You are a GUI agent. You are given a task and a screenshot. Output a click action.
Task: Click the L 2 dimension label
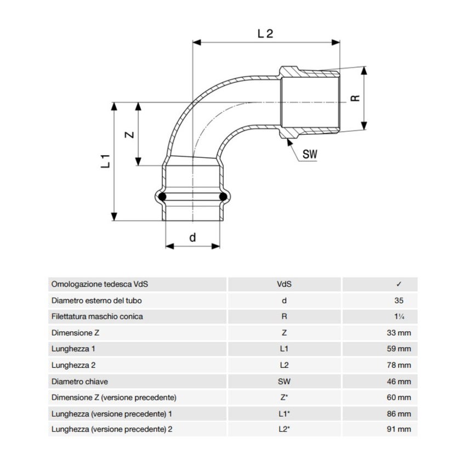click(265, 33)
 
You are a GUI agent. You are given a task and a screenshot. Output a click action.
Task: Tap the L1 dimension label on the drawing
click(107, 161)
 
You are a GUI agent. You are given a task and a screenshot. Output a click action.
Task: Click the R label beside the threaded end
click(355, 98)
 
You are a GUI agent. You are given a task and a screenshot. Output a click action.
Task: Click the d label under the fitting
click(192, 237)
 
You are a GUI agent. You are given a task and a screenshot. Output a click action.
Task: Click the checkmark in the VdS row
click(399, 285)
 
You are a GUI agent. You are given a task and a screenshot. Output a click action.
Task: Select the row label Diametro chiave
click(79, 381)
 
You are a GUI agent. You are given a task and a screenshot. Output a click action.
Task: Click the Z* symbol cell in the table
click(284, 397)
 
